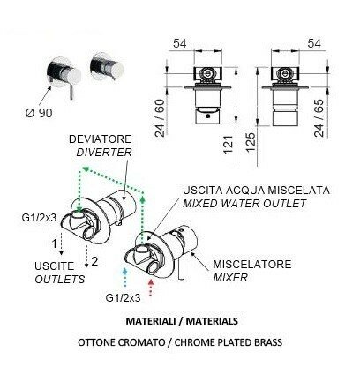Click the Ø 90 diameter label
[39, 113]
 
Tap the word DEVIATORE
[100, 139]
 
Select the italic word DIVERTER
[104, 153]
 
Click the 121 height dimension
[229, 145]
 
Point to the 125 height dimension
[251, 142]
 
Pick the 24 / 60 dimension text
[161, 118]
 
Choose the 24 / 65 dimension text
[319, 118]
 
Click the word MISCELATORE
[252, 264]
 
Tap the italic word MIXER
[230, 277]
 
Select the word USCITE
[55, 266]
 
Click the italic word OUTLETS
[60, 279]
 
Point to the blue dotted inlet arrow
[125, 277]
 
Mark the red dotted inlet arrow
[151, 288]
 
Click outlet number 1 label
[54, 243]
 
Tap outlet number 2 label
[94, 261]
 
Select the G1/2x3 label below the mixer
[123, 298]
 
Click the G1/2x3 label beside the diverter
[39, 218]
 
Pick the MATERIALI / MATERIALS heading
[182, 321]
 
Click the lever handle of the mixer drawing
[182, 267]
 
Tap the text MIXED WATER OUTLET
[244, 204]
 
